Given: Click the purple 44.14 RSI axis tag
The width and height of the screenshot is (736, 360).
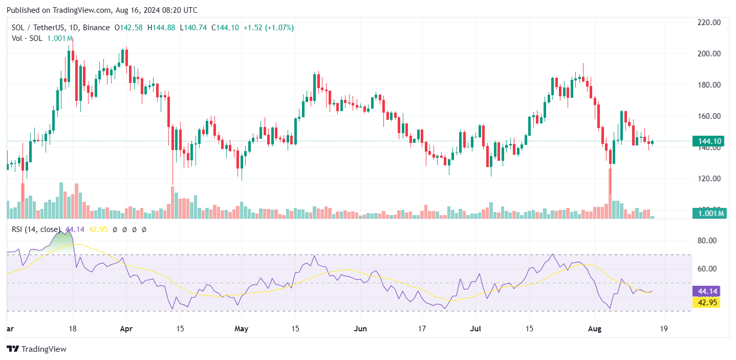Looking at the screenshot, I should (706, 291).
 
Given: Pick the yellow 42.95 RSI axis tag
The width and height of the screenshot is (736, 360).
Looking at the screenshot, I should (706, 302).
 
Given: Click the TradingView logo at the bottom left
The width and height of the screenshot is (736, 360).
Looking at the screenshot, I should (36, 349).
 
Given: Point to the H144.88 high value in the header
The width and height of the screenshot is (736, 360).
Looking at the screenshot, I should (161, 28).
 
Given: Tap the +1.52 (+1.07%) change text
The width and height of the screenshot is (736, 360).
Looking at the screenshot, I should (268, 28).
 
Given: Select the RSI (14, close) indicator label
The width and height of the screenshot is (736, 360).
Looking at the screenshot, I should (36, 229).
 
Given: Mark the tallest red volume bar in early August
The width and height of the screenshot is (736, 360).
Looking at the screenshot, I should (610, 194).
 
